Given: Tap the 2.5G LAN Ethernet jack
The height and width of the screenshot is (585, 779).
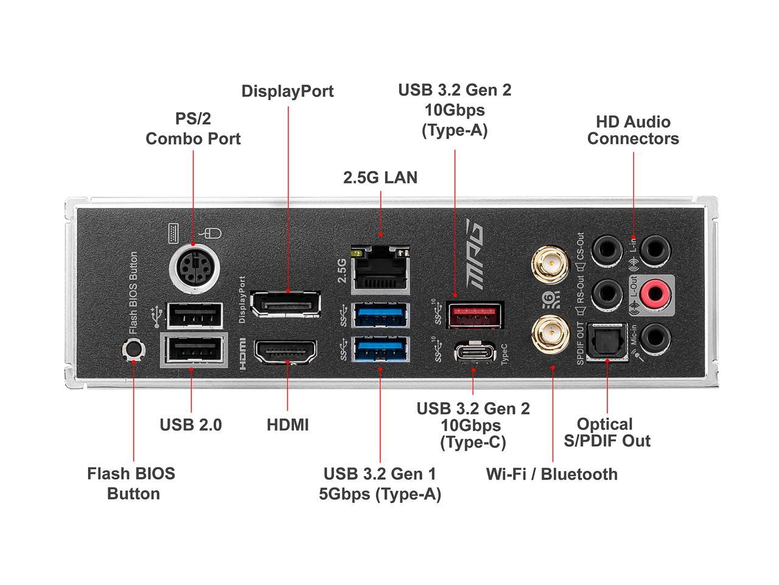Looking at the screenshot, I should (380, 266).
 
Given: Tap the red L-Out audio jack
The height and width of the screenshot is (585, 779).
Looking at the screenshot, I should (654, 295).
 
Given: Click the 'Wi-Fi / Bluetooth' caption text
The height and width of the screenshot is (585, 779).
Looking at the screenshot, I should (551, 474).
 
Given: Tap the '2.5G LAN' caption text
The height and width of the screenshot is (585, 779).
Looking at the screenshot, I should (380, 177).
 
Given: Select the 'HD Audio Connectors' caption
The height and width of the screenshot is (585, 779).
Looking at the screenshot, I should (633, 130).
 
